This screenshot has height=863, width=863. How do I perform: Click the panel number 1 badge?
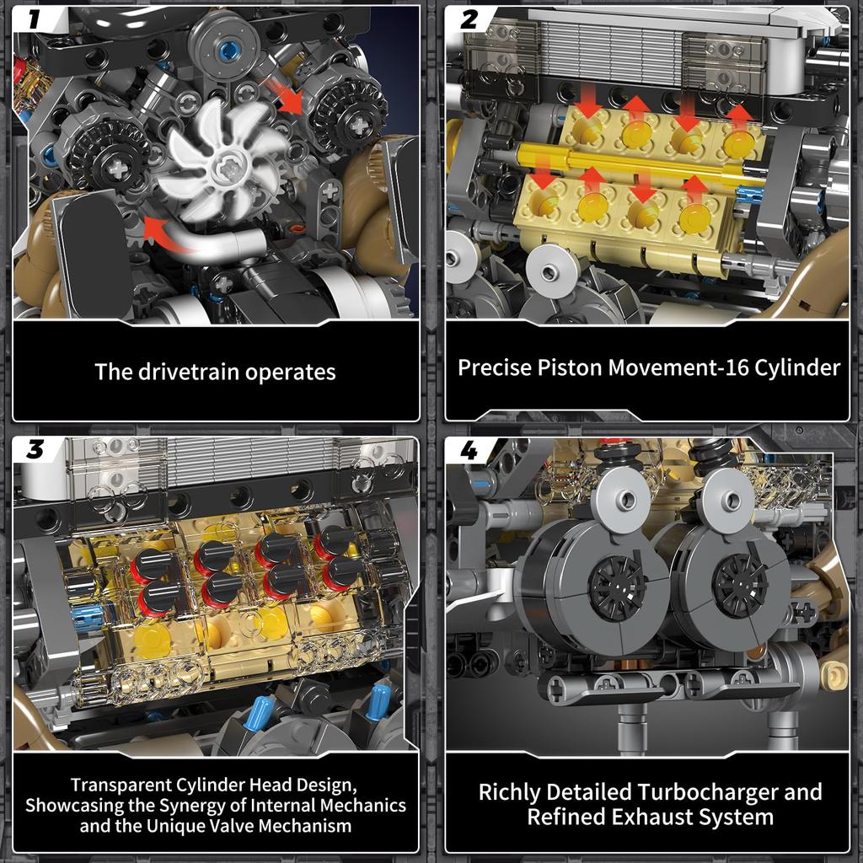tap(35, 17)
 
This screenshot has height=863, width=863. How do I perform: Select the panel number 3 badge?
tap(35, 449)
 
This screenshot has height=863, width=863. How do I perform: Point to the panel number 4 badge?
tap(469, 451)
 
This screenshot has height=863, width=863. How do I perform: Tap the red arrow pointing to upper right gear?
tap(283, 95)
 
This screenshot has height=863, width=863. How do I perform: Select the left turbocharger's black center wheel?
tap(616, 587)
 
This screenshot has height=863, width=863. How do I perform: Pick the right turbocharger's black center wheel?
tap(740, 584)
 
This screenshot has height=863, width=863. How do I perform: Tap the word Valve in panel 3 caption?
tap(257, 825)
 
